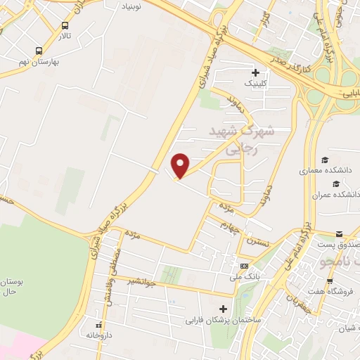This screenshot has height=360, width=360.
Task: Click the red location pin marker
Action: pyautogui.click(x=181, y=165)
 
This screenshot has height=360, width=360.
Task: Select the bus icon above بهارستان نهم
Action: pyautogui.click(x=38, y=50)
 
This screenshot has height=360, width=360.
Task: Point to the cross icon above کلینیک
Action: pyautogui.click(x=255, y=72)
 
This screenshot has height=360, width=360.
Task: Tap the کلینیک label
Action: pyautogui.click(x=256, y=83)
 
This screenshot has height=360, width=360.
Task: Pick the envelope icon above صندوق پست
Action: pyautogui.click(x=339, y=233)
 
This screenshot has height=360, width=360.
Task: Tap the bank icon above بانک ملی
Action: pyautogui.click(x=243, y=265)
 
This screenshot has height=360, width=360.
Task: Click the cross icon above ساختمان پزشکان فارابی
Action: pyautogui.click(x=224, y=309)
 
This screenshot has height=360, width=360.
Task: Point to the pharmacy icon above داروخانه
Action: pyautogui.click(x=98, y=324)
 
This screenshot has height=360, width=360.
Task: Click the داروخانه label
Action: pyautogui.click(x=99, y=335)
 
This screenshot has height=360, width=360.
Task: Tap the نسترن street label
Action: pyautogui.click(x=257, y=240)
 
